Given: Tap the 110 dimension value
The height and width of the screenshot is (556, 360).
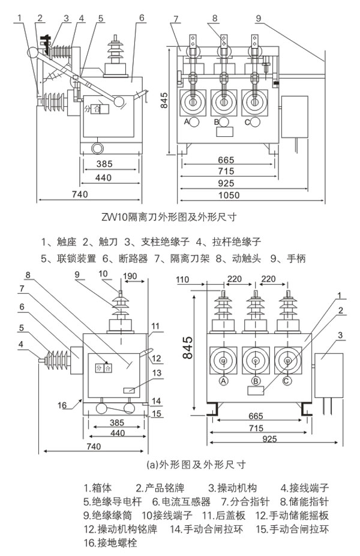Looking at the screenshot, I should pyautogui.click(x=182, y=279).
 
